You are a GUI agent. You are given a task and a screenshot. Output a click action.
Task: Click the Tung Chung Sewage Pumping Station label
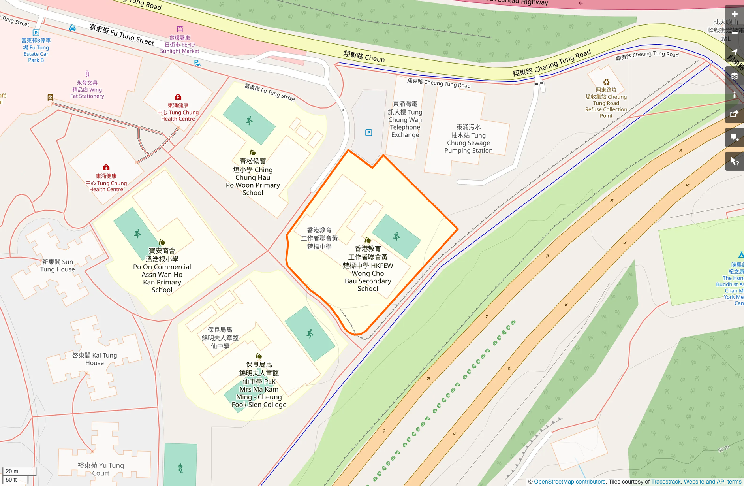coord(468,139)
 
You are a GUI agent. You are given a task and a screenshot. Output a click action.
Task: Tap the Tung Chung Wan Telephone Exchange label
coord(405,119)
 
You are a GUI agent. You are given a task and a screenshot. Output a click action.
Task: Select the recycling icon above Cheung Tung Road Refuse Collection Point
coord(606,82)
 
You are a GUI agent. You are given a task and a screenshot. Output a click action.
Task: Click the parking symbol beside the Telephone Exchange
coord(368,133)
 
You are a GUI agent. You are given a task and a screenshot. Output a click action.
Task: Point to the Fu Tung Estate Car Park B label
coord(36,50)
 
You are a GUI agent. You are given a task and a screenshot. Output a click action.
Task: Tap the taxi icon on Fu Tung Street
coord(72,28)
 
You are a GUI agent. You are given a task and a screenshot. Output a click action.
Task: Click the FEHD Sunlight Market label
coord(180,44)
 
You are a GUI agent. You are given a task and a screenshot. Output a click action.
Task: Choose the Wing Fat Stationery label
coord(87,89)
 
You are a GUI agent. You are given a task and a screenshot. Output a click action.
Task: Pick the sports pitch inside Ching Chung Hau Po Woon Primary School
coord(249,121)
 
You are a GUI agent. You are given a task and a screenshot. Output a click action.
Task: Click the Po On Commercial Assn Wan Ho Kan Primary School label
coord(162,270)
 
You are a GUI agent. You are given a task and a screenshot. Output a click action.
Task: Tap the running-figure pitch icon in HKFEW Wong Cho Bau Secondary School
coord(396,236)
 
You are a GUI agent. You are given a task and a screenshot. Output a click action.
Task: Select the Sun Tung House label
coord(57,266)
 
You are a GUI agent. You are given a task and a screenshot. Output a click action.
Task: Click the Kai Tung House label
coord(95,359)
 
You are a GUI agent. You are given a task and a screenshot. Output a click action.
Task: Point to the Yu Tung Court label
coord(101,469)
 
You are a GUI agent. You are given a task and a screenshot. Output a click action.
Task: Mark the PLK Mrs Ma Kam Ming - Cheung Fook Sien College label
coord(259,385)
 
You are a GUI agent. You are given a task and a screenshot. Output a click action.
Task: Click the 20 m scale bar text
coord(12,471)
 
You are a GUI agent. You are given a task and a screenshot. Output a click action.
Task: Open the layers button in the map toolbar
coord(735,76)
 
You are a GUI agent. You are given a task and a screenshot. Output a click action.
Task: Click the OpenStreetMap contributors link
coord(569,482)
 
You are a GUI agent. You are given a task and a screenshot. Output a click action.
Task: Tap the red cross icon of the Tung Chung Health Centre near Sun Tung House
coord(106,168)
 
